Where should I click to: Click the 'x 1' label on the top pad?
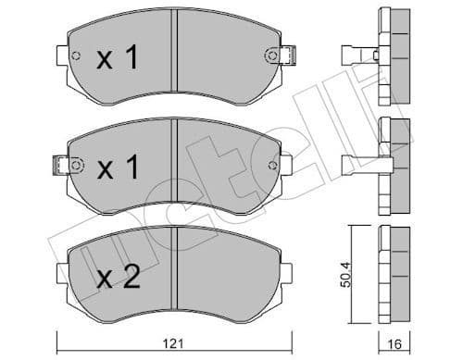(118, 60)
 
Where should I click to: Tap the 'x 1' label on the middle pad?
(118, 169)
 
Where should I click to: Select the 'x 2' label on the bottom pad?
(118, 276)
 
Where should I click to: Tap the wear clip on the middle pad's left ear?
(62, 167)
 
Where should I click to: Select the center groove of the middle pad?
(174, 167)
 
